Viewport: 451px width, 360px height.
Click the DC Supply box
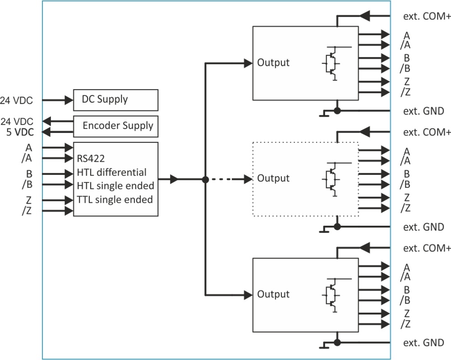pos(115,100)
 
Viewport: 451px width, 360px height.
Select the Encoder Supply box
pos(115,127)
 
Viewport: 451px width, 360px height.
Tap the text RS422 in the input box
pos(91,159)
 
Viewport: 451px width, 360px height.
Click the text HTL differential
pos(111,173)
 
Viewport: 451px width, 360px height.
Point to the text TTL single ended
pos(115,200)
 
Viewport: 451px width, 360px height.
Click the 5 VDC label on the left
pos(20,132)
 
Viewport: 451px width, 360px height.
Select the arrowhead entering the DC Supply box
pos(69,100)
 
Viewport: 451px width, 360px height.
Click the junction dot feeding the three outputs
pos(205,180)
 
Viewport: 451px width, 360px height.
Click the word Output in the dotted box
pos(273,178)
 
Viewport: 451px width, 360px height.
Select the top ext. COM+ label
pos(427,16)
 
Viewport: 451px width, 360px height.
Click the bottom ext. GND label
pos(423,342)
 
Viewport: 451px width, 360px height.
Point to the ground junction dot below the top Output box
pos(337,111)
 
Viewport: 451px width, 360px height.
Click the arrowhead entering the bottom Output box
pos(248,295)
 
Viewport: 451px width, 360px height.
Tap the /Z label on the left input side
pos(27,210)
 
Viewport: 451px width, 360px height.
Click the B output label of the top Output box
pos(406,58)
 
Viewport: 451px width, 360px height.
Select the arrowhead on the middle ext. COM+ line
pos(365,132)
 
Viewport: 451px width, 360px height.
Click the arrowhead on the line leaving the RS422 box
pos(174,179)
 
